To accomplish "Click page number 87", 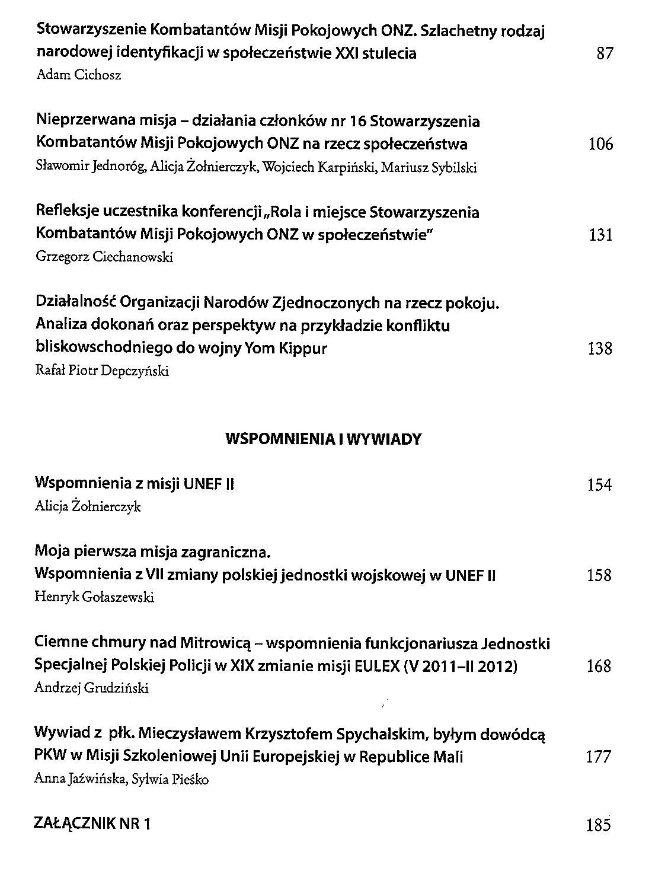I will [604, 54].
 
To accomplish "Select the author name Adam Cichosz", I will [79, 75].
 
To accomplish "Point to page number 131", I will [600, 235].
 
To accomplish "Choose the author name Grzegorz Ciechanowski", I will [104, 257].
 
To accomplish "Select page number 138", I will [599, 349].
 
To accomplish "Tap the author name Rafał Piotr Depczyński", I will [103, 371].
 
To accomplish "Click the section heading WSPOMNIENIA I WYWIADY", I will [324, 439].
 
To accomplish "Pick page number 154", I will [599, 485].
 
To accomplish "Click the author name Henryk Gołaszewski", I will [95, 597].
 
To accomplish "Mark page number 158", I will [599, 575].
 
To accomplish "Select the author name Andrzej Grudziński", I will [92, 688].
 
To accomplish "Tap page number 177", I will [599, 757].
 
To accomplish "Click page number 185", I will [599, 825].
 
